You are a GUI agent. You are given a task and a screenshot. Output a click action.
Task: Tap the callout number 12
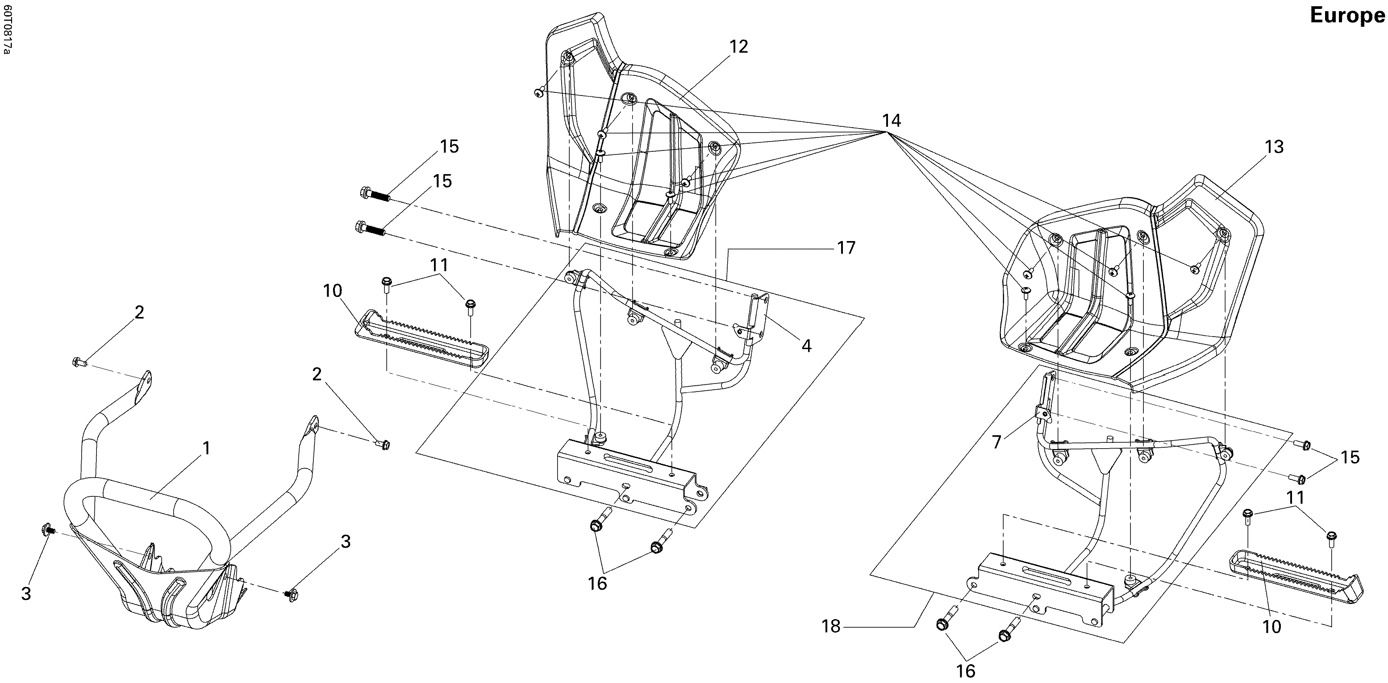(x=739, y=47)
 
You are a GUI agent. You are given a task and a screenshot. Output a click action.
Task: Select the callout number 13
(x=1274, y=146)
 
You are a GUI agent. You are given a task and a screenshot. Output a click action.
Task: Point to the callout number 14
(x=892, y=121)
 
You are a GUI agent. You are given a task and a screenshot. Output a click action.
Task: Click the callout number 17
(x=846, y=248)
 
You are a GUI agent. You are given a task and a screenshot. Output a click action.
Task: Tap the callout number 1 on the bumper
(x=206, y=449)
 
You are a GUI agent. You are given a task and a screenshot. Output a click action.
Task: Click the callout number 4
(x=806, y=346)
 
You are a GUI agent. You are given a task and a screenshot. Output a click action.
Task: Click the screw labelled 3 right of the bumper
(x=292, y=594)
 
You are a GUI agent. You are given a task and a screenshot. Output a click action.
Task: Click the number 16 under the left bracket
(x=597, y=583)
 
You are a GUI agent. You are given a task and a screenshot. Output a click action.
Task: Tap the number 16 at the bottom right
(x=966, y=671)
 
